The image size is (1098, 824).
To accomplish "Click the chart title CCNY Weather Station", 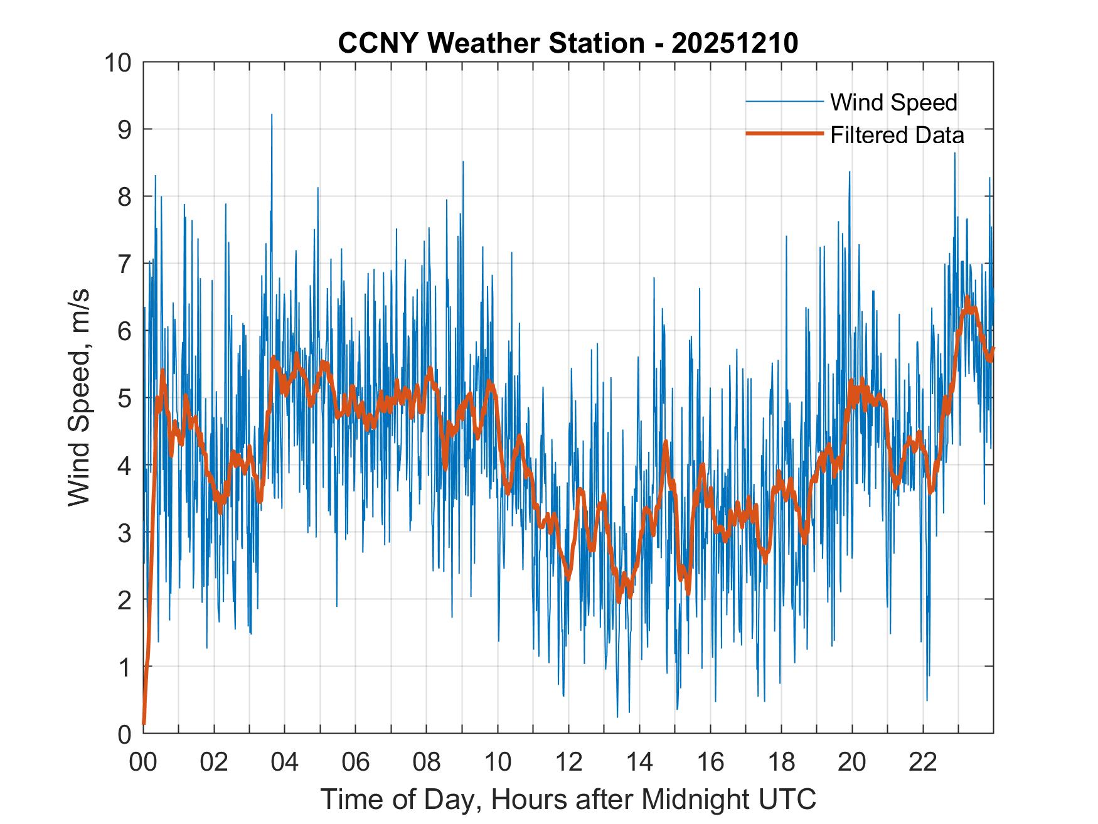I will tap(491, 43).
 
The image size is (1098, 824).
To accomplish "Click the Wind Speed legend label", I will tap(893, 102).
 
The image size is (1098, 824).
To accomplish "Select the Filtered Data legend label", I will tap(897, 135).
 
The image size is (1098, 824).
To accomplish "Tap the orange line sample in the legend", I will tap(784, 134).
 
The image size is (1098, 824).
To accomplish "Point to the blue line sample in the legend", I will tap(784, 102).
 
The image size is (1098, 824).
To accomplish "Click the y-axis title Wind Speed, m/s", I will tap(79, 397).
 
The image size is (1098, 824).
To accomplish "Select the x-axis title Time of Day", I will tap(568, 799).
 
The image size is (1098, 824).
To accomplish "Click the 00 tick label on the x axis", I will tap(143, 762).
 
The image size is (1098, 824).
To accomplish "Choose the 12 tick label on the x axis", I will tap(568, 762).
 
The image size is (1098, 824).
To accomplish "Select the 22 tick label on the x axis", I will tap(923, 762).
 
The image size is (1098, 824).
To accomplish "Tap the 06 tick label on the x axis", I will tap(356, 762).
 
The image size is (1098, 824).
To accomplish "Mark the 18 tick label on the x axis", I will tap(781, 762).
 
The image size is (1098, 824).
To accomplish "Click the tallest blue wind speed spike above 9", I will tap(272, 115).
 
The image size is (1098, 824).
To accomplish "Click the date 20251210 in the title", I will tap(734, 43).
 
